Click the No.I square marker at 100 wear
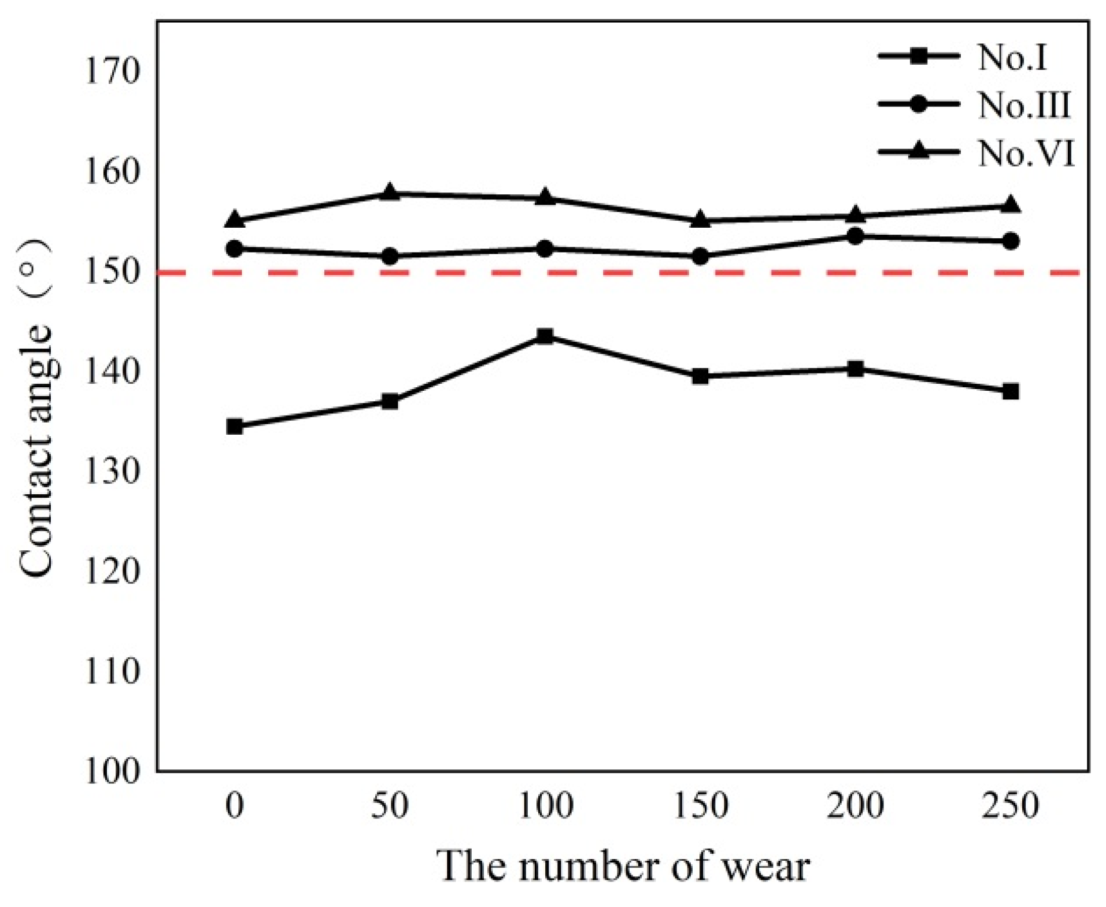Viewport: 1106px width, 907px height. [x=545, y=336]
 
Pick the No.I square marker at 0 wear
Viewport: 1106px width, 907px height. [x=235, y=427]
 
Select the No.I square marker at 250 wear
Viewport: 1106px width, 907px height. [x=1010, y=391]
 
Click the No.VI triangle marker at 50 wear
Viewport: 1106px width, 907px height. [x=390, y=192]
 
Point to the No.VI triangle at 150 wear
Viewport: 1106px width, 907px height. [x=700, y=220]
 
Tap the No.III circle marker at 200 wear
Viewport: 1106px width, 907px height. [x=855, y=236]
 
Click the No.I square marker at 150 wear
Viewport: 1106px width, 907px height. [x=700, y=376]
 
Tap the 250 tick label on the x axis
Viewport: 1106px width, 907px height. [x=1010, y=805]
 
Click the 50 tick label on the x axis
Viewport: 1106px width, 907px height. [x=390, y=805]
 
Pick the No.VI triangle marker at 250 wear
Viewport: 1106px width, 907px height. [x=1010, y=205]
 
